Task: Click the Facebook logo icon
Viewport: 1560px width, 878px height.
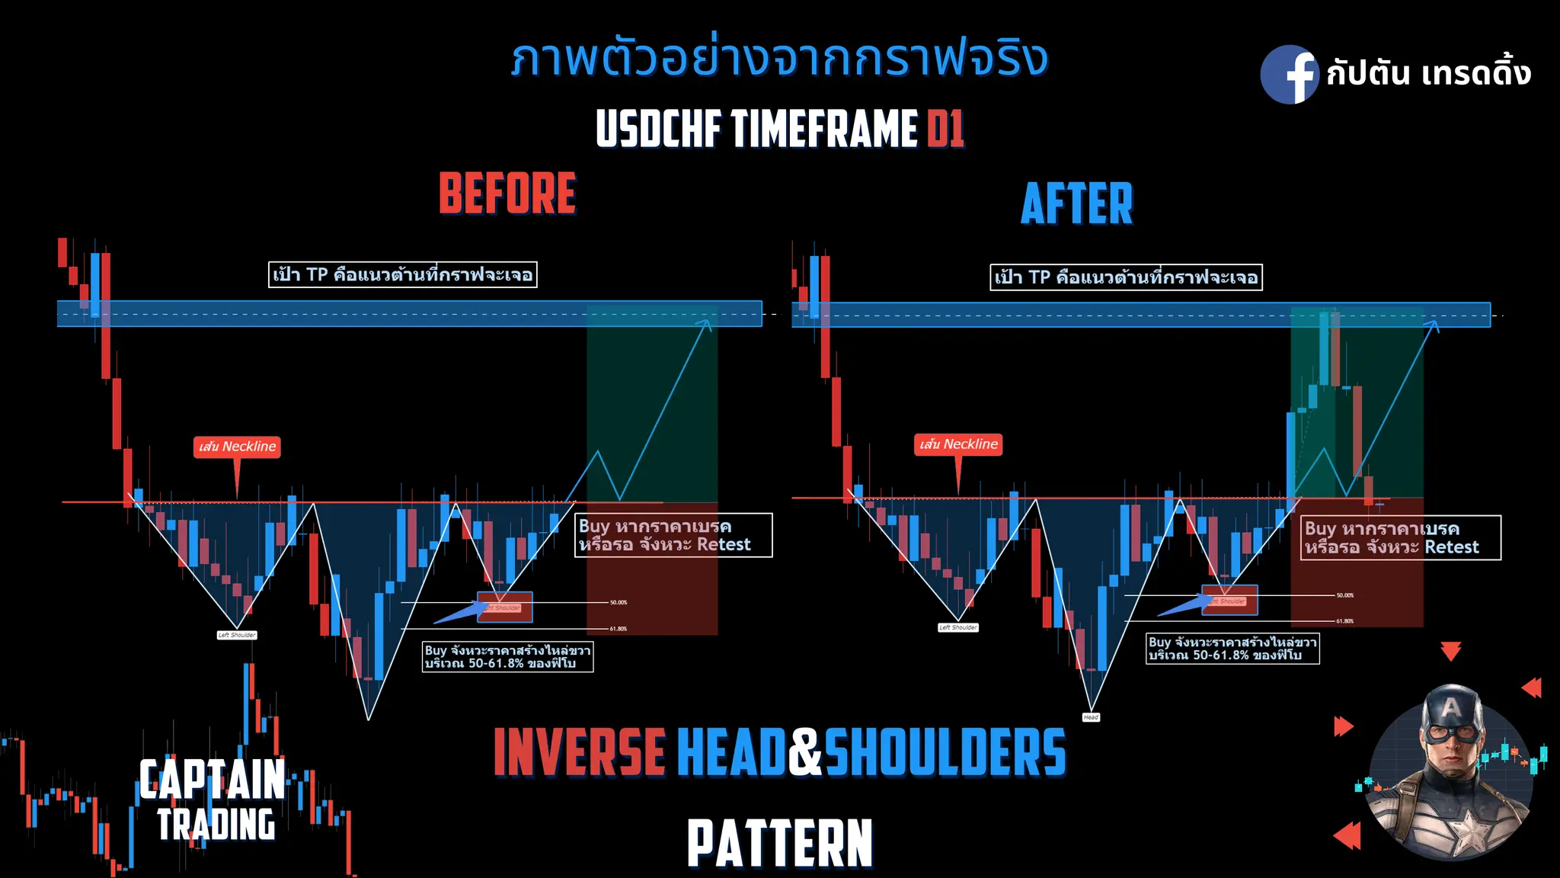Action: [x=1289, y=75]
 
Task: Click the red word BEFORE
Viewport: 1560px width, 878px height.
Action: [x=507, y=194]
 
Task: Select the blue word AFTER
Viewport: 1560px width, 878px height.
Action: [x=1077, y=203]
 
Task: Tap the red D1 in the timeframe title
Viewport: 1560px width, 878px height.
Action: [x=946, y=128]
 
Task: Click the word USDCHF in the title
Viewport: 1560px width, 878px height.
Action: [x=658, y=128]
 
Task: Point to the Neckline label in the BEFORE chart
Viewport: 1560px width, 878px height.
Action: [x=237, y=447]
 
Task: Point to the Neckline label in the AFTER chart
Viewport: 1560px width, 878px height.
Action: [x=958, y=444]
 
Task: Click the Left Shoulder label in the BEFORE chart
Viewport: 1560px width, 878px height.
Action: [x=237, y=635]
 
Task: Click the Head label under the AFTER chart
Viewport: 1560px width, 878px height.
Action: [x=1091, y=717]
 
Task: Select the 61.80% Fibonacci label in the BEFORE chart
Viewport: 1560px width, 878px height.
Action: [x=618, y=629]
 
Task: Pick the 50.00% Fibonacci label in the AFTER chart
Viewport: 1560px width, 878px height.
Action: [x=1344, y=595]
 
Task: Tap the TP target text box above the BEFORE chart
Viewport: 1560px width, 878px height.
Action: [x=403, y=274]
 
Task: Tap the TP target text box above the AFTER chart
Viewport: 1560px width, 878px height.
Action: [x=1126, y=277]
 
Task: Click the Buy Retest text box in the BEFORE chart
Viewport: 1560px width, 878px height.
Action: [x=673, y=535]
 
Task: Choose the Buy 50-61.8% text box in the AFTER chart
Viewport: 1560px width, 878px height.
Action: [x=1232, y=649]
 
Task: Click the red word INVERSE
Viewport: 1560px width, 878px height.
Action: [x=580, y=752]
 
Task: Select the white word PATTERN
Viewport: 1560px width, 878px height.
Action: [x=779, y=843]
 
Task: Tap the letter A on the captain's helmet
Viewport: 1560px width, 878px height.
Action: [x=1451, y=707]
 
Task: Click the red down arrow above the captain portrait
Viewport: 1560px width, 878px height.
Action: [x=1450, y=652]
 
